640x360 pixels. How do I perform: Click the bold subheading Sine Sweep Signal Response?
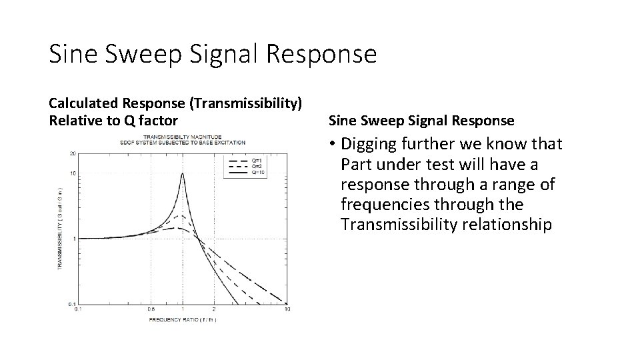(421, 121)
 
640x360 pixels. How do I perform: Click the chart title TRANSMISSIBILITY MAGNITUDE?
(182, 137)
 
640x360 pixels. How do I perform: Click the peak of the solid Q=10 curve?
(183, 173)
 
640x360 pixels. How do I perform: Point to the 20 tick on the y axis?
(72, 153)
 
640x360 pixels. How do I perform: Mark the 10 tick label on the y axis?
(72, 174)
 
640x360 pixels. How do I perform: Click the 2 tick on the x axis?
(214, 309)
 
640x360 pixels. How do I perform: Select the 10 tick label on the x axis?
(287, 309)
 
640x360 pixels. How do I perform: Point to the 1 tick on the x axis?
(183, 309)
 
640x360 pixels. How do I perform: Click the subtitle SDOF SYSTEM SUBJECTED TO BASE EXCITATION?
(182, 143)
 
